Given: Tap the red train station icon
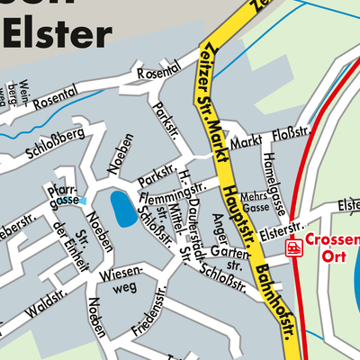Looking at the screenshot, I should coord(292,247).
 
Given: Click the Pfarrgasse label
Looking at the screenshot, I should coord(67,193).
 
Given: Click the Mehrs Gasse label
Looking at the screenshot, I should coord(256,202).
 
